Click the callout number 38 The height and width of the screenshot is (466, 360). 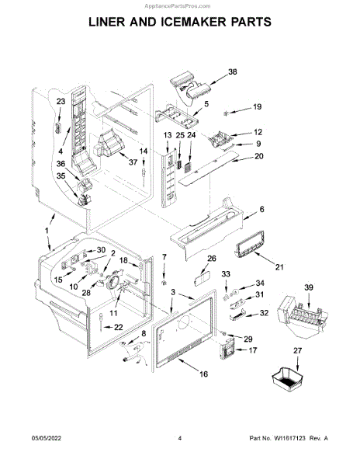233,71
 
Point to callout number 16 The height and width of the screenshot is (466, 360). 203,374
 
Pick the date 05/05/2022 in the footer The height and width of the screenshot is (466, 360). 47,438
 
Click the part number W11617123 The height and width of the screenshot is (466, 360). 289,438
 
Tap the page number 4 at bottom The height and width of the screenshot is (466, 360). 179,438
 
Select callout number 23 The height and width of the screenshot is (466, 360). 61,101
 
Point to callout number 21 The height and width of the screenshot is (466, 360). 279,267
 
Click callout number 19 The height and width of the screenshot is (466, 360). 257,106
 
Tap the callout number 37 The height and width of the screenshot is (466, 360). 133,162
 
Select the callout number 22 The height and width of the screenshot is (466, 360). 118,327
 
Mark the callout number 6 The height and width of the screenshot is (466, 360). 261,209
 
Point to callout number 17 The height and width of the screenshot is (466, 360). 252,350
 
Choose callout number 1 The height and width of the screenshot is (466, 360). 47,231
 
